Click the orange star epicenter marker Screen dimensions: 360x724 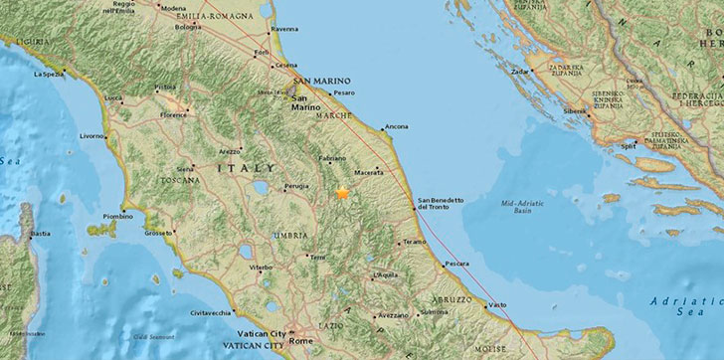point(343,193)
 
